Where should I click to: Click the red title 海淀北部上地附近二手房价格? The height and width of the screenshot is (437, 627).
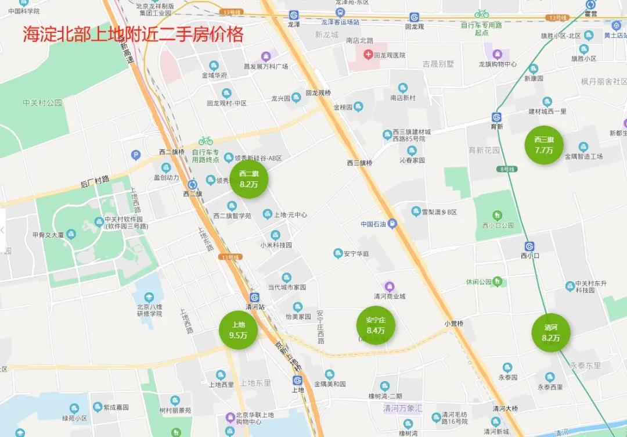click(x=133, y=34)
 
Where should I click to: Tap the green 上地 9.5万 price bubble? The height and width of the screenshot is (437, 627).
click(x=238, y=330)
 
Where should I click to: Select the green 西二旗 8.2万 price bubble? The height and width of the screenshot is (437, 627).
click(x=248, y=180)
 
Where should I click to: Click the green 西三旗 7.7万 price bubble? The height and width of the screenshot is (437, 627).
click(x=544, y=145)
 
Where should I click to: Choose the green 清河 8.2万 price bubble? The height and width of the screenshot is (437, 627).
click(x=550, y=332)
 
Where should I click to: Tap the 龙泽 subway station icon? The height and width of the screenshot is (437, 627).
click(x=294, y=15)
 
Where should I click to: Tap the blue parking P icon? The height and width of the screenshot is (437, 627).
click(x=136, y=155)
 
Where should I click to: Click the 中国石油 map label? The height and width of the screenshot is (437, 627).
click(x=374, y=224)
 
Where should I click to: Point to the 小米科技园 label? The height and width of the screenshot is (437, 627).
click(x=276, y=245)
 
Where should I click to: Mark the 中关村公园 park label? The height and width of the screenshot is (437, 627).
click(x=42, y=103)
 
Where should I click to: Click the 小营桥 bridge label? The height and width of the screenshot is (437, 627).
click(x=453, y=324)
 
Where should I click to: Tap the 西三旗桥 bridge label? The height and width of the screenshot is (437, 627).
click(x=359, y=163)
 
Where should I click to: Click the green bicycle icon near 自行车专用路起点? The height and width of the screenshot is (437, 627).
click(x=481, y=14)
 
